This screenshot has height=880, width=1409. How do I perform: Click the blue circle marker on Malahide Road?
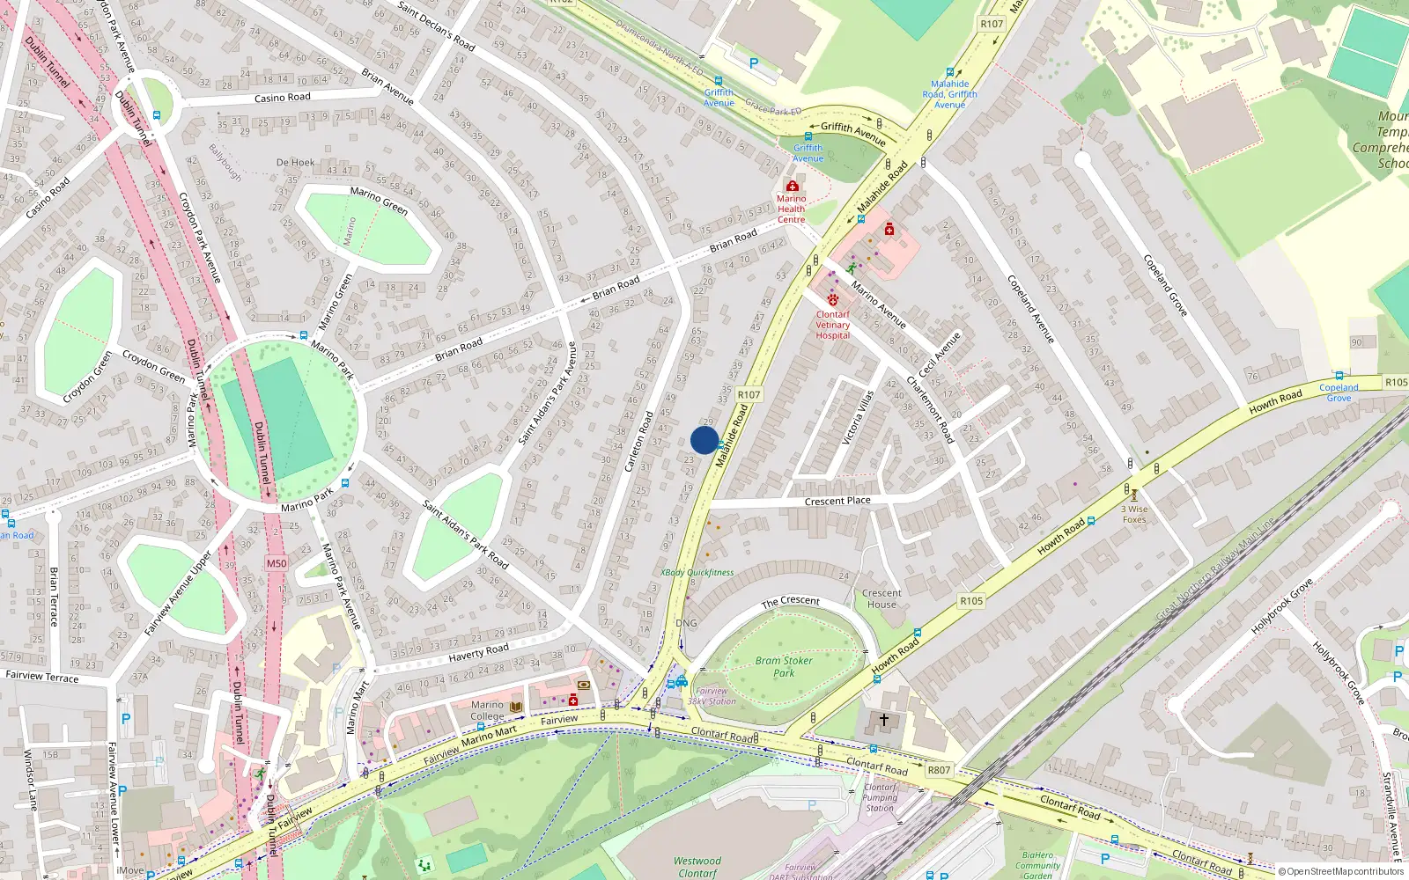point(704,440)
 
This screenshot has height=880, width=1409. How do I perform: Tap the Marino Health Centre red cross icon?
point(792,187)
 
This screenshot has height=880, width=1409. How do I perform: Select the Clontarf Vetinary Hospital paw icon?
point(832,300)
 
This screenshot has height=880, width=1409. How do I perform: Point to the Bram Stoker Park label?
point(784,666)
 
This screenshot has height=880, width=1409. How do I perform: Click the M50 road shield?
point(277,563)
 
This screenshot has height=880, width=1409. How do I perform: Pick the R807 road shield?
point(939,770)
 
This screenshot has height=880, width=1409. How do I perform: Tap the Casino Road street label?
point(282,98)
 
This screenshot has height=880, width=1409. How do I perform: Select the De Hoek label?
point(295,163)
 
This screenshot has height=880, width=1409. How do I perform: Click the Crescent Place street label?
point(837,501)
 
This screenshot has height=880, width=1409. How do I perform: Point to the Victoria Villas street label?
point(857,418)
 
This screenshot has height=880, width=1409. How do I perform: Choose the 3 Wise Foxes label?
point(1134,514)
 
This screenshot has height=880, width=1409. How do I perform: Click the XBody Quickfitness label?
point(697,572)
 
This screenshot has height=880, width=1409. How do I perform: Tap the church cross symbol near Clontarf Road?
point(884,721)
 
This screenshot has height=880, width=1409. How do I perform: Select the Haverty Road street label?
point(478,654)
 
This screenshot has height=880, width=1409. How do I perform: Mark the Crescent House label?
point(882,598)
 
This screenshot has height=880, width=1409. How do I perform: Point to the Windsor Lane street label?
point(32,780)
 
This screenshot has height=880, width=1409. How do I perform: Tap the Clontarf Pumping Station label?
point(880,797)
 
